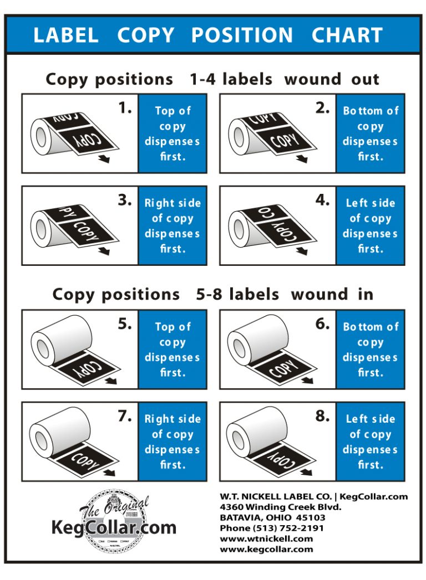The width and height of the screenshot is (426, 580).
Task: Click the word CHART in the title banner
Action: (x=347, y=35)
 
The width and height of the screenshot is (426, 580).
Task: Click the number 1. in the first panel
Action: (x=125, y=109)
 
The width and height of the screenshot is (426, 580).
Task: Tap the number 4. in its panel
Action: (x=322, y=201)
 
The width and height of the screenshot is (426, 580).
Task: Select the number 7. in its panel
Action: (x=125, y=417)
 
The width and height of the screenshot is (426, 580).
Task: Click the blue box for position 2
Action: (x=370, y=134)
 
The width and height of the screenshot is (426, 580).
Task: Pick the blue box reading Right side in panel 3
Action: (x=172, y=225)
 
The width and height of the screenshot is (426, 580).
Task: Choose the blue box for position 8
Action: (x=370, y=442)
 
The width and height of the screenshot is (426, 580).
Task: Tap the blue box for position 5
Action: (x=172, y=350)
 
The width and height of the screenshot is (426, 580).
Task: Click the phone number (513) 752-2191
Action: (x=272, y=528)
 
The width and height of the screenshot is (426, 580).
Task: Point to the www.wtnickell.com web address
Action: (x=266, y=538)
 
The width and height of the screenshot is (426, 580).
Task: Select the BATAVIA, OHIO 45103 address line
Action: (x=272, y=517)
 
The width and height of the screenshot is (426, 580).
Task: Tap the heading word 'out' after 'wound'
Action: (x=365, y=79)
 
